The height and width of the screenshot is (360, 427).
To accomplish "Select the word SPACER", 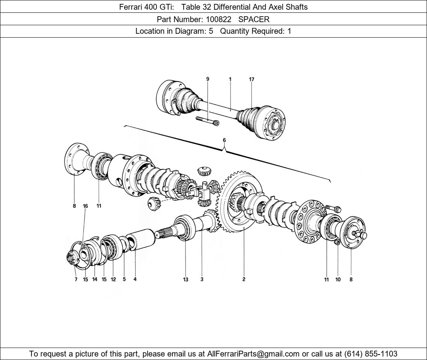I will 254,19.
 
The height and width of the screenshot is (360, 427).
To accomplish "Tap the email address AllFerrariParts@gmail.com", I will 253,354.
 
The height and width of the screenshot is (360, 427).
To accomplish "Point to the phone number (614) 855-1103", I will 371,354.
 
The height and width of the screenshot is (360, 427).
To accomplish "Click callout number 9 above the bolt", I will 208,79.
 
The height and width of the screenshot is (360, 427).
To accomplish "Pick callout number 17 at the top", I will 252,79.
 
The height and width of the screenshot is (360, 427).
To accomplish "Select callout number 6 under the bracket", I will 224,140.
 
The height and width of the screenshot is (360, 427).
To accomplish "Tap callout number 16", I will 85,206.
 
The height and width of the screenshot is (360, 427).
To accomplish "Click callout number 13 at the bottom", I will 186,279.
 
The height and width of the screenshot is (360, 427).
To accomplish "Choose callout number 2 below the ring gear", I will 244,279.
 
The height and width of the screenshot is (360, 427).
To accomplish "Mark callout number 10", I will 338,279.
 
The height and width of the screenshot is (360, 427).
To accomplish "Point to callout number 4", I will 135,279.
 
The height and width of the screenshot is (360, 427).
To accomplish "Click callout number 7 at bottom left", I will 76,279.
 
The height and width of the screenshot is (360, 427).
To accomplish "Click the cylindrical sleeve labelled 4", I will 142,237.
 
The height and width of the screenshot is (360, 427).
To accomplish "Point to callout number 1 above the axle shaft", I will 230,79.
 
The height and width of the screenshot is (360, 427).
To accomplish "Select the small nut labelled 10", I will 337,243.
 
